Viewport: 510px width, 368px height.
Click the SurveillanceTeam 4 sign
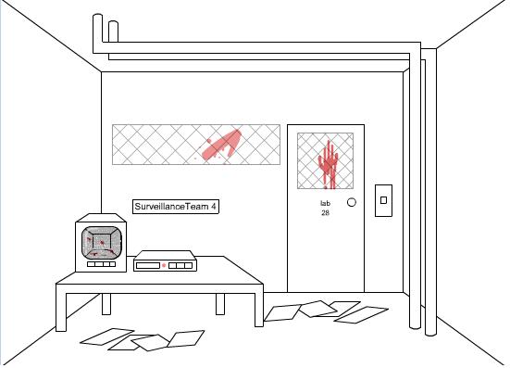(176, 207)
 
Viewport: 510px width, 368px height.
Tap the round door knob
(352, 202)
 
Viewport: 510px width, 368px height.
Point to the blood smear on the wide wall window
(222, 146)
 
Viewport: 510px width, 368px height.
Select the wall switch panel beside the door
(383, 200)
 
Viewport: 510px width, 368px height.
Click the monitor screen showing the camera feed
(102, 243)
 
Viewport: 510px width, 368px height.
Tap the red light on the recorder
(164, 266)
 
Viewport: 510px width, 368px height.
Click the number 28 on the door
(325, 213)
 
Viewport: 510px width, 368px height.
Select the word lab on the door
(325, 204)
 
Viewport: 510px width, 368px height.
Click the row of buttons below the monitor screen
(102, 264)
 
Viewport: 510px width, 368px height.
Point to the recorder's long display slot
(148, 266)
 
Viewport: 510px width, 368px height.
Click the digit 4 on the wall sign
(213, 207)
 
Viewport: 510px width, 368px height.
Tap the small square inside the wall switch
(383, 200)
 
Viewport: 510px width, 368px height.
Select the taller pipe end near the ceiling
(97, 32)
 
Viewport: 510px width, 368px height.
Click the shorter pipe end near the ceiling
(113, 32)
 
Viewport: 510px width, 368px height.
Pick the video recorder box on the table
(166, 260)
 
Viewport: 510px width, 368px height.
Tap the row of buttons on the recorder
(180, 266)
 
